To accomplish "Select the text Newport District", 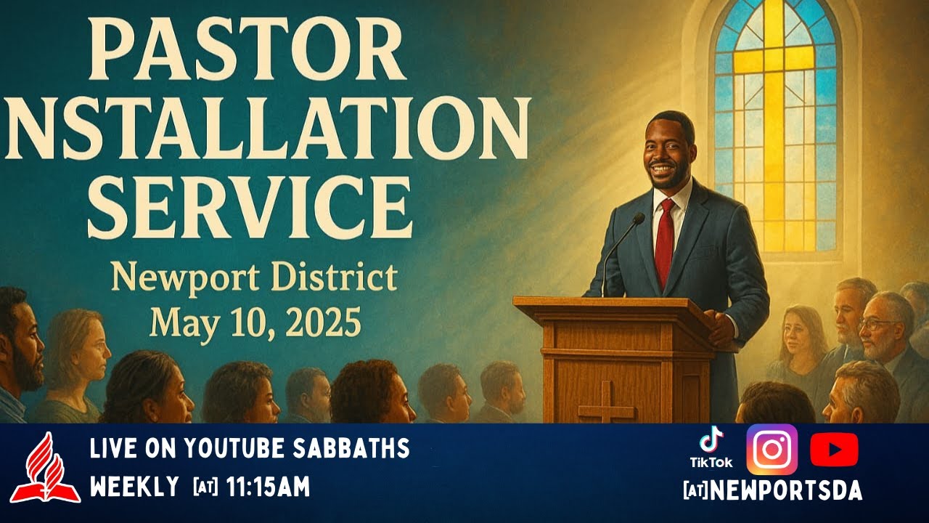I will tap(254, 278).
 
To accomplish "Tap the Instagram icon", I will tap(772, 450).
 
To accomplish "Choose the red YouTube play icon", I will tap(834, 450).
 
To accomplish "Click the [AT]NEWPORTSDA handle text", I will tap(772, 492).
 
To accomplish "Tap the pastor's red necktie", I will tap(665, 241).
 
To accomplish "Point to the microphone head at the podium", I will tap(638, 218).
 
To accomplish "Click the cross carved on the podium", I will tap(606, 402).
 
